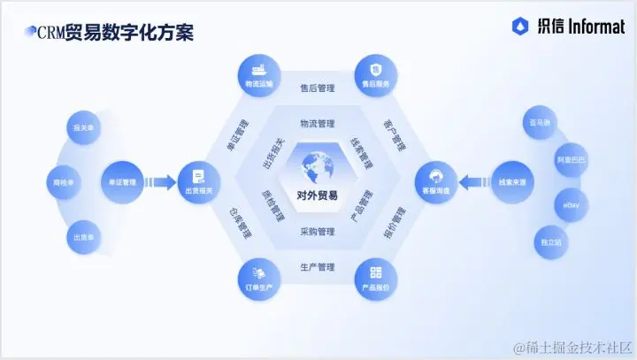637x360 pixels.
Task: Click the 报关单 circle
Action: (84, 129)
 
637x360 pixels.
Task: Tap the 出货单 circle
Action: (84, 237)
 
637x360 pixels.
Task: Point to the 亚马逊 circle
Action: (540, 124)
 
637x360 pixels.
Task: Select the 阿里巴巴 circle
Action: (571, 160)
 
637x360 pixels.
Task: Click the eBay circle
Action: (571, 205)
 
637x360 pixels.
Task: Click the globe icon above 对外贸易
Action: (317, 166)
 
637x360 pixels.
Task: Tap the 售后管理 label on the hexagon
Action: (317, 88)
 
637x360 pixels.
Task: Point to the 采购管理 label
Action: (317, 233)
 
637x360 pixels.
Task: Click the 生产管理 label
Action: (317, 266)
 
